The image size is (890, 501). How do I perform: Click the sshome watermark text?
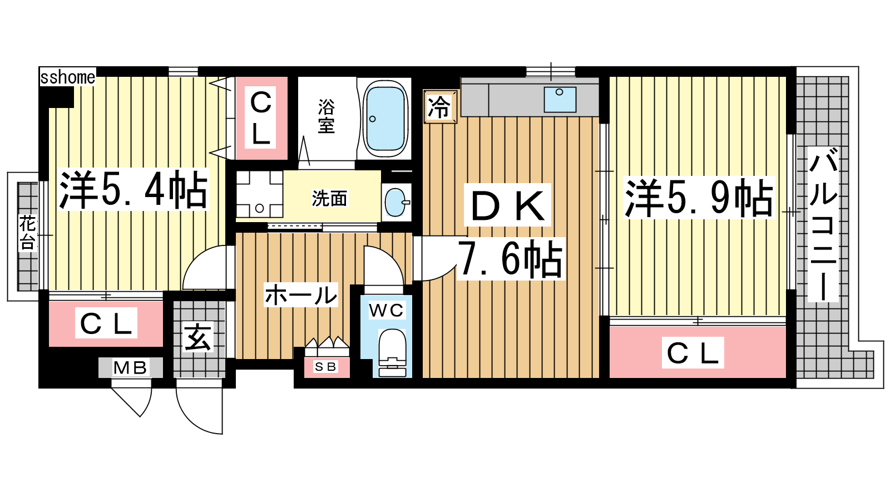pyautogui.click(x=68, y=77)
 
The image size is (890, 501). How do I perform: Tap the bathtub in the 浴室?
pyautogui.click(x=385, y=119)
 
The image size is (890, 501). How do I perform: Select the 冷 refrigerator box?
pyautogui.click(x=440, y=106)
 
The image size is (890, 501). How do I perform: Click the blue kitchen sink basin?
pyautogui.click(x=560, y=100)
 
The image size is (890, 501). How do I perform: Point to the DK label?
pyautogui.click(x=507, y=205)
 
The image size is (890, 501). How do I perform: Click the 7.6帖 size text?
pyautogui.click(x=511, y=259)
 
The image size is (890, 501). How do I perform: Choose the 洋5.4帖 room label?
pyautogui.click(x=133, y=189)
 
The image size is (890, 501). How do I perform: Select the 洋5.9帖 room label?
pyautogui.click(x=699, y=198)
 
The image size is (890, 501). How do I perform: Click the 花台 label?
pyautogui.click(x=27, y=233)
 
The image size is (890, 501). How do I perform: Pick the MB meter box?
pyautogui.click(x=131, y=367)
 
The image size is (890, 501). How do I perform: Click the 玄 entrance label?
pyautogui.click(x=198, y=337)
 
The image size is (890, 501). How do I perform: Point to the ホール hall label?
pyautogui.click(x=301, y=294)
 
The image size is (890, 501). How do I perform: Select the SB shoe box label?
pyautogui.click(x=326, y=367)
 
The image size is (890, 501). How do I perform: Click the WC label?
pyautogui.click(x=386, y=310)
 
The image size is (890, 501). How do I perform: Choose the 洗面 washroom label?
pyautogui.click(x=329, y=198)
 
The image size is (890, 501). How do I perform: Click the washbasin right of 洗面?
pyautogui.click(x=396, y=202)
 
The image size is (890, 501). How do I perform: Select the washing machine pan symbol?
pyautogui.click(x=259, y=194)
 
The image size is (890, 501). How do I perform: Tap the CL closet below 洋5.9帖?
pyautogui.click(x=698, y=352)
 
